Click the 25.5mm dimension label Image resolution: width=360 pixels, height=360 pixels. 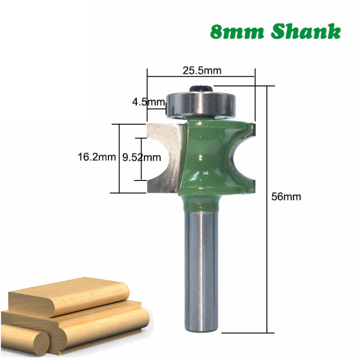pos(202,71)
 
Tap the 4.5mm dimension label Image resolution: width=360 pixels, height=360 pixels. pos(148,102)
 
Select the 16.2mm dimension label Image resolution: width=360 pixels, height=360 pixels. pos(96,157)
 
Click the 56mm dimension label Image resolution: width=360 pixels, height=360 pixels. pos(286,197)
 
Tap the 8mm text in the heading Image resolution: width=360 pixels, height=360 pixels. pos(237,32)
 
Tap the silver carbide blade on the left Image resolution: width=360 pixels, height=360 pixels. pos(163,158)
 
